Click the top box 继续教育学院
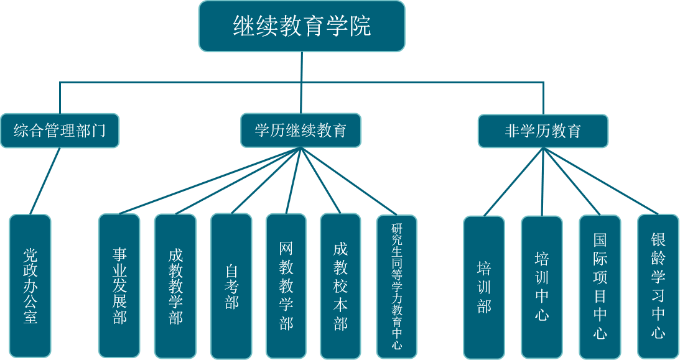pyautogui.click(x=302, y=26)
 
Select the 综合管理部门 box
pyautogui.click(x=60, y=131)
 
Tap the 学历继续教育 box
pyautogui.click(x=300, y=131)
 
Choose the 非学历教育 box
pyautogui.click(x=543, y=131)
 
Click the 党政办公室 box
pyautogui.click(x=30, y=287)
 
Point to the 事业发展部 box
pyautogui.click(x=119, y=287)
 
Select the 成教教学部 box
pyautogui.click(x=175, y=287)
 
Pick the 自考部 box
pyautogui.click(x=231, y=287)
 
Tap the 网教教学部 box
pyautogui.click(x=286, y=287)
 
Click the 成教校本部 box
pyautogui.click(x=340, y=287)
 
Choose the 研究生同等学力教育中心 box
pyautogui.click(x=397, y=287)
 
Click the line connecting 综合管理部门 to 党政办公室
pyautogui.click(x=45, y=181)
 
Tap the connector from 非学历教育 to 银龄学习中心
pyautogui.click(x=600, y=181)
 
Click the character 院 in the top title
pyautogui.click(x=360, y=27)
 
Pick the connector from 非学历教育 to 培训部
pyautogui.click(x=513, y=182)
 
